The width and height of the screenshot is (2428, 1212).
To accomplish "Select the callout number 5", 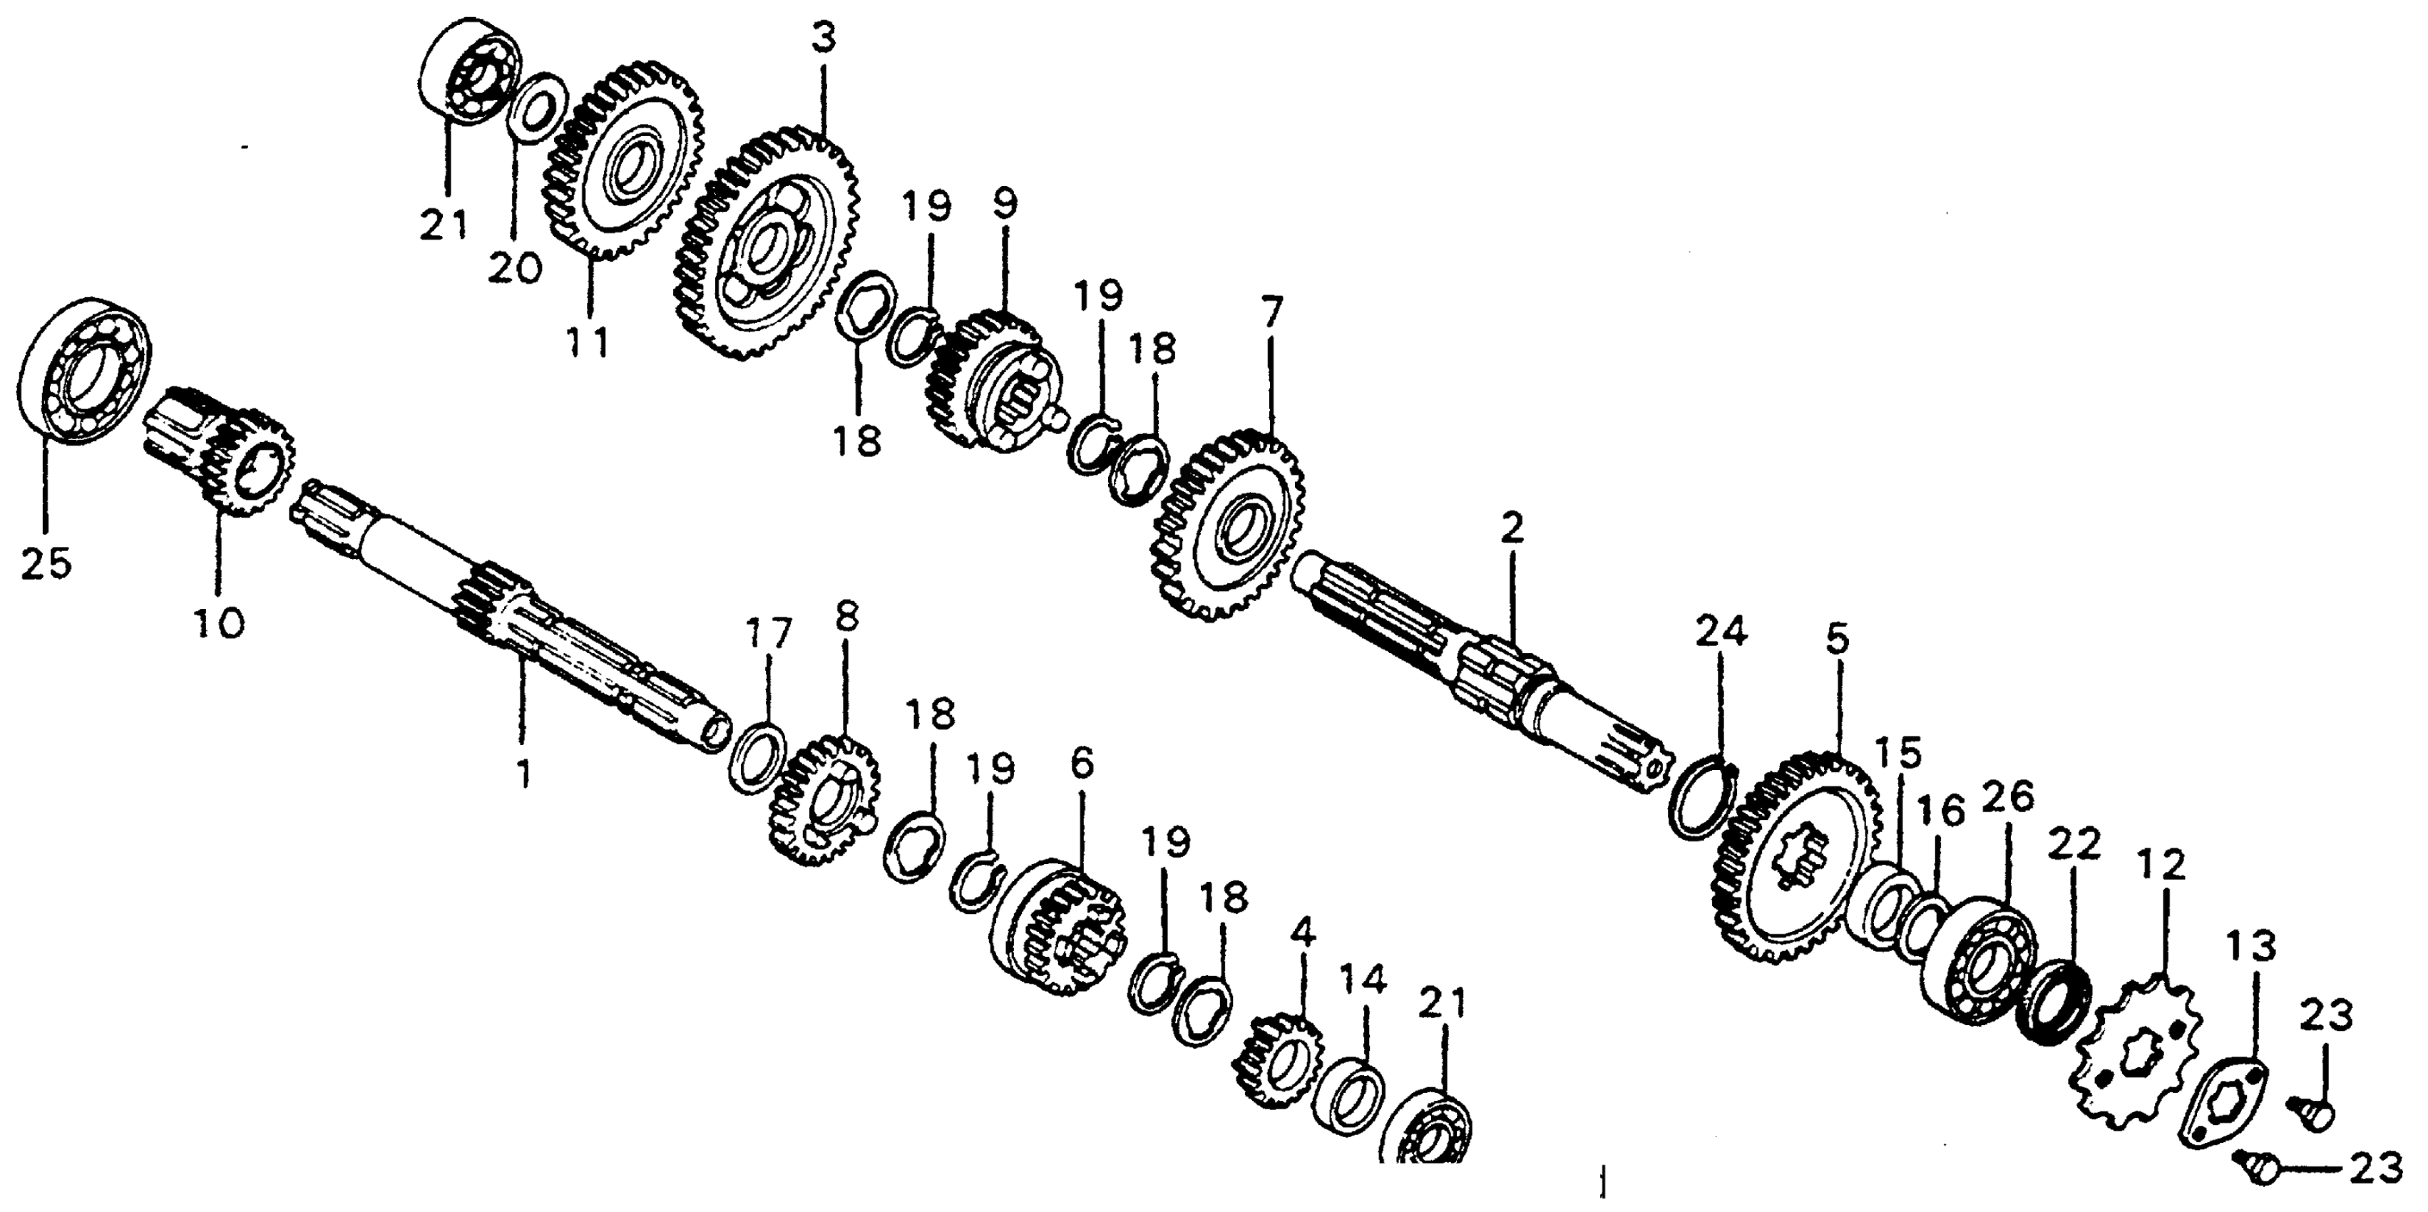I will click(x=1837, y=641).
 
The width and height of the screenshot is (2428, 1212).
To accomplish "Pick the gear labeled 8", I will click(x=826, y=802).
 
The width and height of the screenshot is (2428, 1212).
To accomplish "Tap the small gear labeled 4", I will click(x=1279, y=1060).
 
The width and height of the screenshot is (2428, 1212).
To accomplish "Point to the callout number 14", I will click(x=1363, y=981).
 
